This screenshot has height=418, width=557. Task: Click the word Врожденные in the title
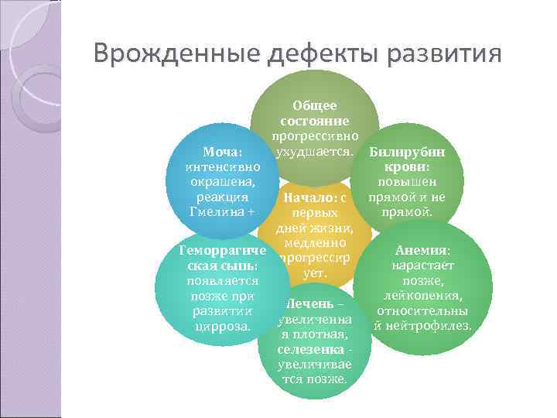(177, 55)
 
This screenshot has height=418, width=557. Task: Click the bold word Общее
(314, 106)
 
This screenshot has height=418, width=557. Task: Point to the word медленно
(313, 242)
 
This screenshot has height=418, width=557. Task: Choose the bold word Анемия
(422, 251)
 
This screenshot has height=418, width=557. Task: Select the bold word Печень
(309, 304)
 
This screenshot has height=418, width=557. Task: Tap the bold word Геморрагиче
(222, 252)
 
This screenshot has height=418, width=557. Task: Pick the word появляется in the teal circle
(222, 281)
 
